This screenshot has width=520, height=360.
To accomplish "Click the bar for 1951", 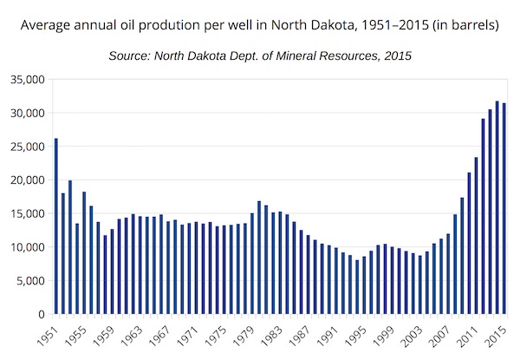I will tap(56, 226).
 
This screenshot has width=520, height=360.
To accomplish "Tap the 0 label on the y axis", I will tap(39, 314).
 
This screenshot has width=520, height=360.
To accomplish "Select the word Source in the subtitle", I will tap(130, 56).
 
